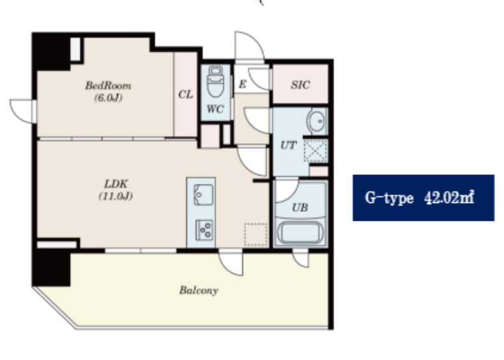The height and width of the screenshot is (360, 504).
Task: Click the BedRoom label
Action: (108, 86)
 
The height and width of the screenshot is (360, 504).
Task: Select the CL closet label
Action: (186, 94)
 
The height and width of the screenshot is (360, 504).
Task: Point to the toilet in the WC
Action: (216, 81)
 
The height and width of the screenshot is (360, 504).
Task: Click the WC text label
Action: (215, 109)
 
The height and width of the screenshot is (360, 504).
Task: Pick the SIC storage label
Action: (300, 85)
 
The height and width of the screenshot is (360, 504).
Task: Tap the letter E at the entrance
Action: (242, 84)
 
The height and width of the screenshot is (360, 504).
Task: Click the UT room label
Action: (288, 146)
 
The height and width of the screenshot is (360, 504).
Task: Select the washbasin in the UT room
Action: (317, 121)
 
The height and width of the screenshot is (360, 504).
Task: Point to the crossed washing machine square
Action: (316, 151)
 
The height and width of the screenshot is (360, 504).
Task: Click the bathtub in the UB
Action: (300, 232)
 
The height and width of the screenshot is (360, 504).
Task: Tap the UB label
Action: (300, 208)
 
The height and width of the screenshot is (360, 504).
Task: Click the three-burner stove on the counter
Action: (204, 230)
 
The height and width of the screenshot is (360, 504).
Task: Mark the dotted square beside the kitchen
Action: (256, 235)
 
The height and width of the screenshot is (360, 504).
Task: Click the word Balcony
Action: (199, 290)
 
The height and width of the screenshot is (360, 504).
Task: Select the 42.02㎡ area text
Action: (449, 197)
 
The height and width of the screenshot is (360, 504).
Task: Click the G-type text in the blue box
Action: (389, 198)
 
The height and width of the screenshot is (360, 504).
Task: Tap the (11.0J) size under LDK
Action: (115, 196)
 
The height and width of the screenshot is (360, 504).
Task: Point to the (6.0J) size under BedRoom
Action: (108, 98)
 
